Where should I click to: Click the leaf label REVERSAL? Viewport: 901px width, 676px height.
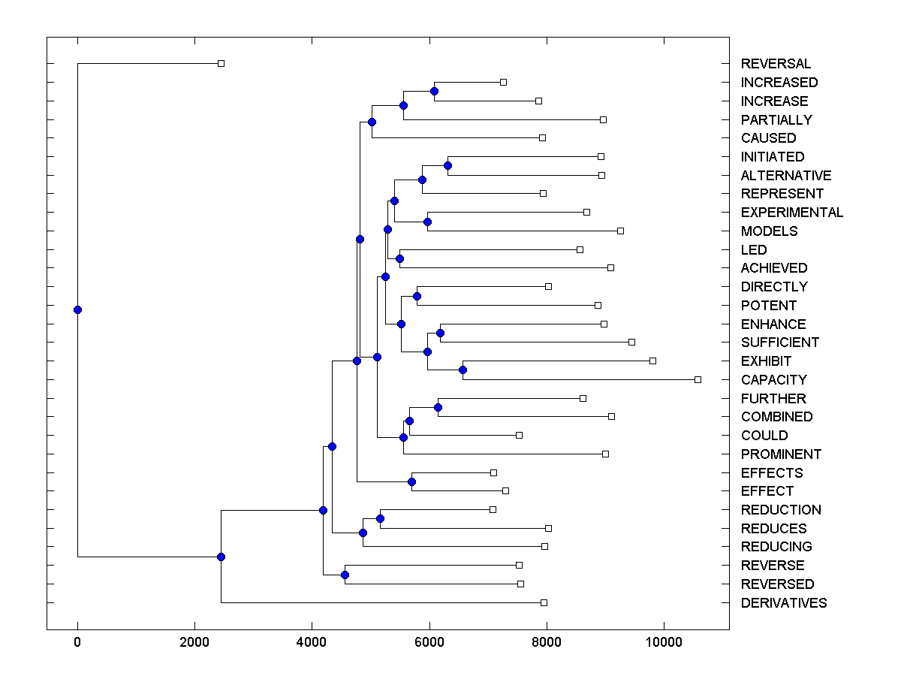point(776,64)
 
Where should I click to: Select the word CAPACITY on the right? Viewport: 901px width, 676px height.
point(773,380)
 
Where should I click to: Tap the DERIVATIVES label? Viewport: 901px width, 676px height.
point(783,603)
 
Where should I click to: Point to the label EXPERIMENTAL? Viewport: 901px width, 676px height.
point(791,213)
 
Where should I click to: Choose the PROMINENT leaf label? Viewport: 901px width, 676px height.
point(781,454)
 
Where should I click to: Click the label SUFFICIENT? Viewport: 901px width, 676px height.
point(779,343)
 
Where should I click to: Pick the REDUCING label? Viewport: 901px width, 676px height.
point(776,547)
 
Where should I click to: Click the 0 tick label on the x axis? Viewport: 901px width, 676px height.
point(77,642)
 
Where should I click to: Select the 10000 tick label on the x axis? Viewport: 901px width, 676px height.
point(664,642)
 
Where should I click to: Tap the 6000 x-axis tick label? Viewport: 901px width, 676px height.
point(429,642)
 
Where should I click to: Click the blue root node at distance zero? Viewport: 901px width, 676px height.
point(77,309)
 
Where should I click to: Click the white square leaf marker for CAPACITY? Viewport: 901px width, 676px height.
point(698,380)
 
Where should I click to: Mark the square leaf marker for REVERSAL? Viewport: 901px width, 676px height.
point(221,64)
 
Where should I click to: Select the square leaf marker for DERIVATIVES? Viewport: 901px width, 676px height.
point(544,602)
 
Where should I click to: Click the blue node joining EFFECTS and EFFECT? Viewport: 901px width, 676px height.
point(411,481)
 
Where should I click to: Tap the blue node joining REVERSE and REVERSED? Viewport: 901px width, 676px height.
point(345,575)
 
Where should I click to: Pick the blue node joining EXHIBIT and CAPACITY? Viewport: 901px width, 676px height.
point(463,370)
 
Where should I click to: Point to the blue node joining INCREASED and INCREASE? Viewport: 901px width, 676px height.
point(434,91)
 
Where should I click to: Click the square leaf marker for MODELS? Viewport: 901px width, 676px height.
point(620,231)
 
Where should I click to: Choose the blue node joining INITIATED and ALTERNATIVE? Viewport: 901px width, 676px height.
point(447,165)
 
